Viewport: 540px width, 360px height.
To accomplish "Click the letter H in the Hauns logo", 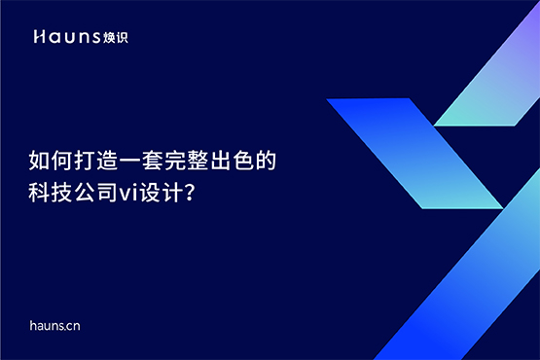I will (x=37, y=37).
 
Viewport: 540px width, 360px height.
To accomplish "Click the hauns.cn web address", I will (x=54, y=324).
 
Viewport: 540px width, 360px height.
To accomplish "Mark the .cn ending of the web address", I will (x=71, y=324).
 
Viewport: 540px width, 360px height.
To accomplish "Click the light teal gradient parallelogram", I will (x=486, y=93).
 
